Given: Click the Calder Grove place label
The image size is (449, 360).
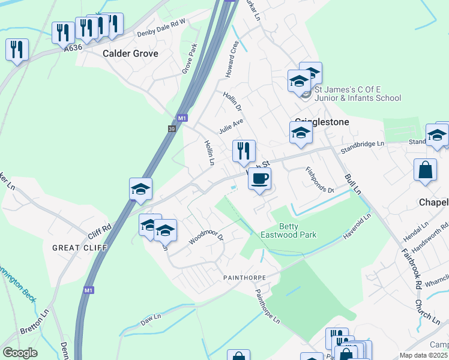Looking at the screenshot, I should coord(130,54).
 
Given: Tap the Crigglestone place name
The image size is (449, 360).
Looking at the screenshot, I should coord(322,121).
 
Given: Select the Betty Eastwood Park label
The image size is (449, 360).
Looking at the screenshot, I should coord(288,230).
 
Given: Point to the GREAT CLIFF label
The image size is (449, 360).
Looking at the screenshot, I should coord(80,247).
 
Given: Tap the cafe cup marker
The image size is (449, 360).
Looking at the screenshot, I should coord(259,179).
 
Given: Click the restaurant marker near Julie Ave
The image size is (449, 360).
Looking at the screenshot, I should coord(244,151).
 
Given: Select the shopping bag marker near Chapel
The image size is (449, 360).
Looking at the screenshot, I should coord(425,170).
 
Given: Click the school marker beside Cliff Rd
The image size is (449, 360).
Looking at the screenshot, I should coord(141,190).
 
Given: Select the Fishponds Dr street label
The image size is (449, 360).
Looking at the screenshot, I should coord(319,180).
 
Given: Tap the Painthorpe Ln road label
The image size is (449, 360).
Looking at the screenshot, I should coord(268,307).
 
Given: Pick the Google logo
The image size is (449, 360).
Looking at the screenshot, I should coord(20,353).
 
